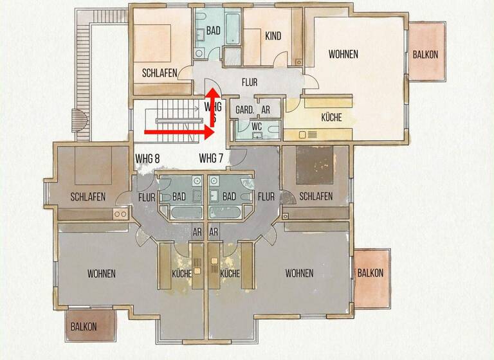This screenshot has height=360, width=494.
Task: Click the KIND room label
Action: [x=273, y=36]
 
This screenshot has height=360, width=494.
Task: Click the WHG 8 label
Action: [x=147, y=157]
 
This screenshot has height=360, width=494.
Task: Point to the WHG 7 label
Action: [x=211, y=157]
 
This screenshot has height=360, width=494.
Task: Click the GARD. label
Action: [x=244, y=109]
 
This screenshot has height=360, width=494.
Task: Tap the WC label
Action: [x=256, y=126]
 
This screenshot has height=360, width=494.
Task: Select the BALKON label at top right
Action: [x=426, y=55]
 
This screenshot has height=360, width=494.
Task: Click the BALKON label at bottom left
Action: [x=84, y=327]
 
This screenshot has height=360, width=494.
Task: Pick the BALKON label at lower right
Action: [x=370, y=273]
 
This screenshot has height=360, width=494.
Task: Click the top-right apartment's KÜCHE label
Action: [x=331, y=118]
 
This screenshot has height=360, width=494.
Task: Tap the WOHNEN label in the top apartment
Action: [x=343, y=54]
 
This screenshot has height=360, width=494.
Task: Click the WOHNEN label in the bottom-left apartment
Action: [x=101, y=274]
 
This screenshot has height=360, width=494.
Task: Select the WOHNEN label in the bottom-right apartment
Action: [x=299, y=273]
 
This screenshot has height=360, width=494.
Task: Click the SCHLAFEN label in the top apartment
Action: [x=160, y=73]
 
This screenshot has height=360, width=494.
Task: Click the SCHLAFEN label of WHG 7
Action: [x=315, y=196]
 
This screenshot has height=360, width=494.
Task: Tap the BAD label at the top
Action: [x=214, y=31]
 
